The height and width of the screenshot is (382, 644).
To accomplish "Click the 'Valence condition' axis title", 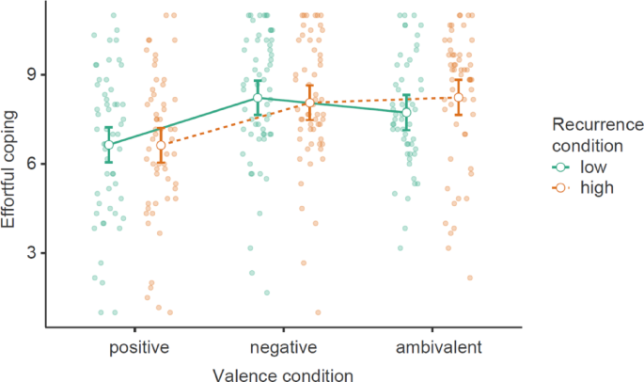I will point(283,374).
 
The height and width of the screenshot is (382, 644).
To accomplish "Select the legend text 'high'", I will point(595,187).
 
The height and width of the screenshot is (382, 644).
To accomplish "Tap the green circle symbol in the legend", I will point(562,167).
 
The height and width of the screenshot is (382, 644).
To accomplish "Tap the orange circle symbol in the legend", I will point(562,187).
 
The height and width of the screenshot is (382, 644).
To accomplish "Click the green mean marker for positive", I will point(109,145).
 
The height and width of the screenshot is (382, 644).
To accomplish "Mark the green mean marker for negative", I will point(258,98).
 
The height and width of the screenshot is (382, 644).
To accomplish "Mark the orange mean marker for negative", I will point(309,103).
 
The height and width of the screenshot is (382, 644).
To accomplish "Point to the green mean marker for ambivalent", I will point(406,112).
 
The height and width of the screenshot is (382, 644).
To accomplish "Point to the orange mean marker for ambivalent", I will point(458,98).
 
